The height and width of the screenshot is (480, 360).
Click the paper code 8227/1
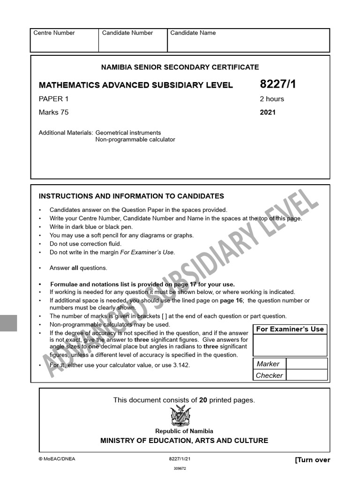coord(278,84)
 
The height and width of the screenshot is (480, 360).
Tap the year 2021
coord(268,112)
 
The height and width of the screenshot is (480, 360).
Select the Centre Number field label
coord(54,33)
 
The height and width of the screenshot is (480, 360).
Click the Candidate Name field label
coord(193,33)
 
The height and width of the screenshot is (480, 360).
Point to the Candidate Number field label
coord(127,33)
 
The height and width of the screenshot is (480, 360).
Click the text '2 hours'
coord(272,99)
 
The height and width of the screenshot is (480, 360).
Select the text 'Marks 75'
coord(53,112)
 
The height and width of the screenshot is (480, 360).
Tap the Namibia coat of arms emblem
coord(180,416)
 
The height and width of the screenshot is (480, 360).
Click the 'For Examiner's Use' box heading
coord(290,329)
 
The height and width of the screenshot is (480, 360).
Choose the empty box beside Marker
coord(307,364)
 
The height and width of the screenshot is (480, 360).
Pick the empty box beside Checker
coord(307,375)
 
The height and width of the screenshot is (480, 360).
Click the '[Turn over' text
coord(312,460)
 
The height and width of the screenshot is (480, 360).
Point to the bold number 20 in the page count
coord(203,400)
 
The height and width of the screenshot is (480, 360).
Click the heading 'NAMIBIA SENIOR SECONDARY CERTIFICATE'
coord(180,67)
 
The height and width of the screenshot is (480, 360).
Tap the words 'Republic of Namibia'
coord(184,431)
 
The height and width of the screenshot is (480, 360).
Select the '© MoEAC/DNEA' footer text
coord(57,459)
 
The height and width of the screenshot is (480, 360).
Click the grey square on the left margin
coord(8,323)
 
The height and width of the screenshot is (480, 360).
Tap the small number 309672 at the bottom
coord(180,468)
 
